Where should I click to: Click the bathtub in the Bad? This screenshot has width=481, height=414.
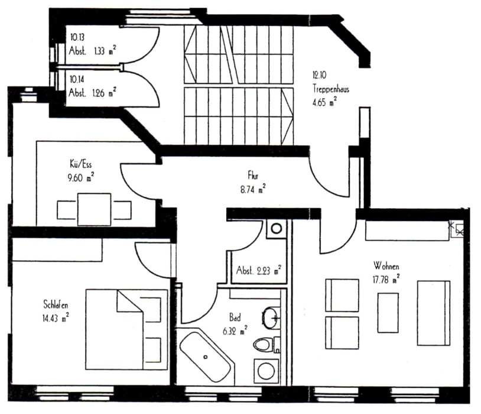tap(206, 357)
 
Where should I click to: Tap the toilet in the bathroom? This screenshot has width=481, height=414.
tap(266, 344)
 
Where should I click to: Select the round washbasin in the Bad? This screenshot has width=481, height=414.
tap(270, 318)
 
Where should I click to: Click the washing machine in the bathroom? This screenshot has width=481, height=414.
tap(266, 371)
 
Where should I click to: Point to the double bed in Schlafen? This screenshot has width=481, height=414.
tap(126, 329)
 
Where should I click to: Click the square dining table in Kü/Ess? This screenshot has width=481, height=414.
tap(94, 209)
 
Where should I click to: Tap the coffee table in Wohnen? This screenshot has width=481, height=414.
tap(388, 313)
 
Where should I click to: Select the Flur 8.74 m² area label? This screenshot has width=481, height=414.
tap(253, 183)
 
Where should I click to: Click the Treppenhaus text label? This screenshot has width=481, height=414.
tap(331, 89)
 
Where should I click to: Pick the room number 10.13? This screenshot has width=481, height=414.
tap(77, 37)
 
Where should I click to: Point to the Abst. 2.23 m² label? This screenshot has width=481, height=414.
tap(259, 270)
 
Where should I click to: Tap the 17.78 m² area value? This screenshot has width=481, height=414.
tap(386, 280)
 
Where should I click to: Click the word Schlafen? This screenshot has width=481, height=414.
tap(56, 305)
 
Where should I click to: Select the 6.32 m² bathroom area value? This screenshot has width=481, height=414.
tap(235, 331)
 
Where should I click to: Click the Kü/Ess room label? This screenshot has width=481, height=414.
tap(81, 164)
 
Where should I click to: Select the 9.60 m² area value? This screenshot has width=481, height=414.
tap(81, 177)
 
